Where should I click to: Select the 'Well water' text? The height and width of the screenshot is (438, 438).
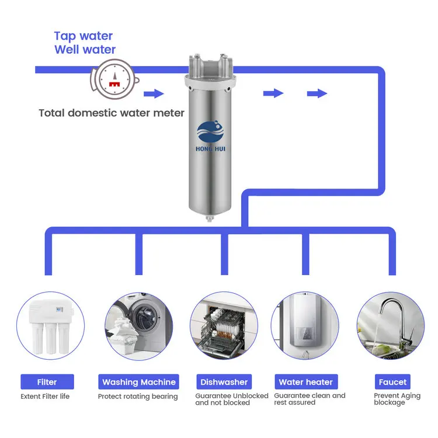click(x=85, y=50)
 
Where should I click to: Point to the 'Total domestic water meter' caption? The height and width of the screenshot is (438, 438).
click(x=112, y=113)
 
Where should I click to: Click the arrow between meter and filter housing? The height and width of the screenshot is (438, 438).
click(x=154, y=93)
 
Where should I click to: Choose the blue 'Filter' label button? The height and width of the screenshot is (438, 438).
click(x=47, y=382)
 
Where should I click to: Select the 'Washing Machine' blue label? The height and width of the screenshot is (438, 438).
click(x=139, y=382)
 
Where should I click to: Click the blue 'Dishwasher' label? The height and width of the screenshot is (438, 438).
click(x=224, y=382)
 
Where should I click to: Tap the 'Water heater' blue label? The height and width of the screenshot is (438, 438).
click(x=306, y=382)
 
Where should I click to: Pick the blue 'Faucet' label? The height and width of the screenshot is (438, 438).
click(x=392, y=382)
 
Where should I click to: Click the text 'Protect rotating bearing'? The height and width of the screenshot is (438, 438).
click(x=138, y=397)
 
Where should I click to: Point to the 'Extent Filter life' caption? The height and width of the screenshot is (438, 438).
click(x=45, y=397)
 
